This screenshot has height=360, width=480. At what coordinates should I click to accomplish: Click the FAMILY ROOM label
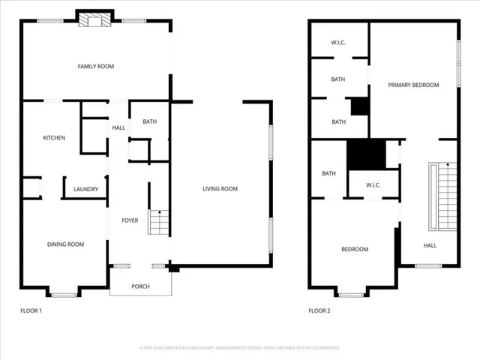tap(95, 67)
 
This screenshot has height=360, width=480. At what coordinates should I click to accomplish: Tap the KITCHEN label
tap(54, 138)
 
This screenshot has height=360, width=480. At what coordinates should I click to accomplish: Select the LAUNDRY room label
tap(85, 189)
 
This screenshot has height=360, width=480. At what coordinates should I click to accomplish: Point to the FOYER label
tap(130, 220)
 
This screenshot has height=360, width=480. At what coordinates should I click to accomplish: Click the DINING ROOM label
tap(65, 244)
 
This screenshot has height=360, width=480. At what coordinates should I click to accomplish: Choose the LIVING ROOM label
tap(220, 189)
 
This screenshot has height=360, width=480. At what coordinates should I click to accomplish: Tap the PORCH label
tap(140, 286)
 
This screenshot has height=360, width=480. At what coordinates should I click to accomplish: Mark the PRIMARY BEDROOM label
tap(413, 85)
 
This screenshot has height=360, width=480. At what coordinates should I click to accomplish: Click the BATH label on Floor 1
tap(149, 121)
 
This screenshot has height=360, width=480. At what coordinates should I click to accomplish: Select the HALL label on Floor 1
tap(118, 128)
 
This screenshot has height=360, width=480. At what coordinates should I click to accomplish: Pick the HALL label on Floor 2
tap(430, 245)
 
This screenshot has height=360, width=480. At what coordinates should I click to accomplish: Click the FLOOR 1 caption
tap(31, 310)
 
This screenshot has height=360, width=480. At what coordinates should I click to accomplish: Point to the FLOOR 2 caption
tap(319, 310)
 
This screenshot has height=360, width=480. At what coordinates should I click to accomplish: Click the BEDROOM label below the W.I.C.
tap(355, 249)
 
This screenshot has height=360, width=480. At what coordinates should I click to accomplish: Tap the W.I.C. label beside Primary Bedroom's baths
tap(338, 43)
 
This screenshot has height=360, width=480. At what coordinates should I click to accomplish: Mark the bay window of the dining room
tap(63, 292)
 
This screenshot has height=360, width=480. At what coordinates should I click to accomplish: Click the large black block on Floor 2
tap(365, 154)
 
